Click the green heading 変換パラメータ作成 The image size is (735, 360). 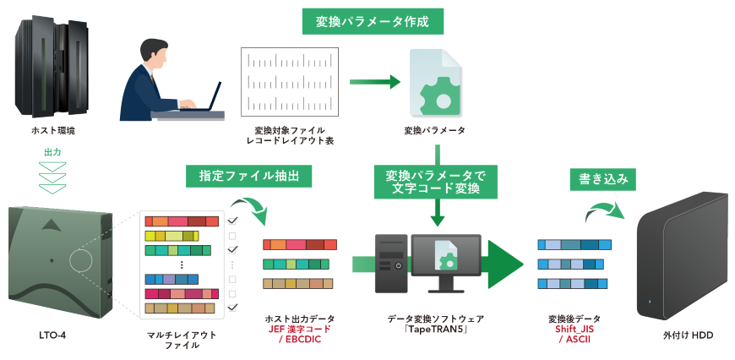point(373,22)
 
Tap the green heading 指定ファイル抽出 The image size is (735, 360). point(249,177)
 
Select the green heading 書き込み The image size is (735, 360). point(603,179)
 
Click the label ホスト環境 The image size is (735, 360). point(53,131)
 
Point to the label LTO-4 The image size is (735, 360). point(52,335)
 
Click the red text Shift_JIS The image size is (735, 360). point(574,329)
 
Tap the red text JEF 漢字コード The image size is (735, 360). point(300,329)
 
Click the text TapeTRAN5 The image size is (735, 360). point(435,329)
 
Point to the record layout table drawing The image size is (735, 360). point(289,82)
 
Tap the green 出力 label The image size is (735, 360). point(52,152)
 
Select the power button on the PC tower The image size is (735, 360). point(398,265)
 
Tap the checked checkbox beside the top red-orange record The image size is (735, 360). point(232,221)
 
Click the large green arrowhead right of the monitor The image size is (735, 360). point(505,264)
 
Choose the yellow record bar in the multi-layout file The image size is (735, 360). point(172,235)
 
